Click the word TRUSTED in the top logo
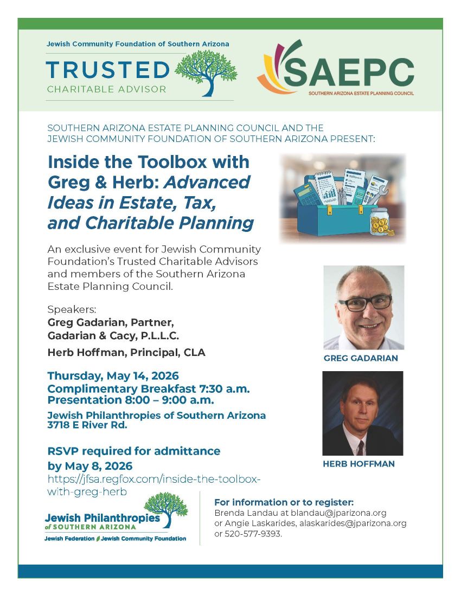coord(107,70)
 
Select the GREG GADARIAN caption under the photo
coord(361,358)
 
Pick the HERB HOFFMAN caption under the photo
coord(358,464)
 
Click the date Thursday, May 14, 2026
coord(113,375)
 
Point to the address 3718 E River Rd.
coord(87,425)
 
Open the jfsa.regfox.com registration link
coord(154,485)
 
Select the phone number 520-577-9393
coord(253,534)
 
